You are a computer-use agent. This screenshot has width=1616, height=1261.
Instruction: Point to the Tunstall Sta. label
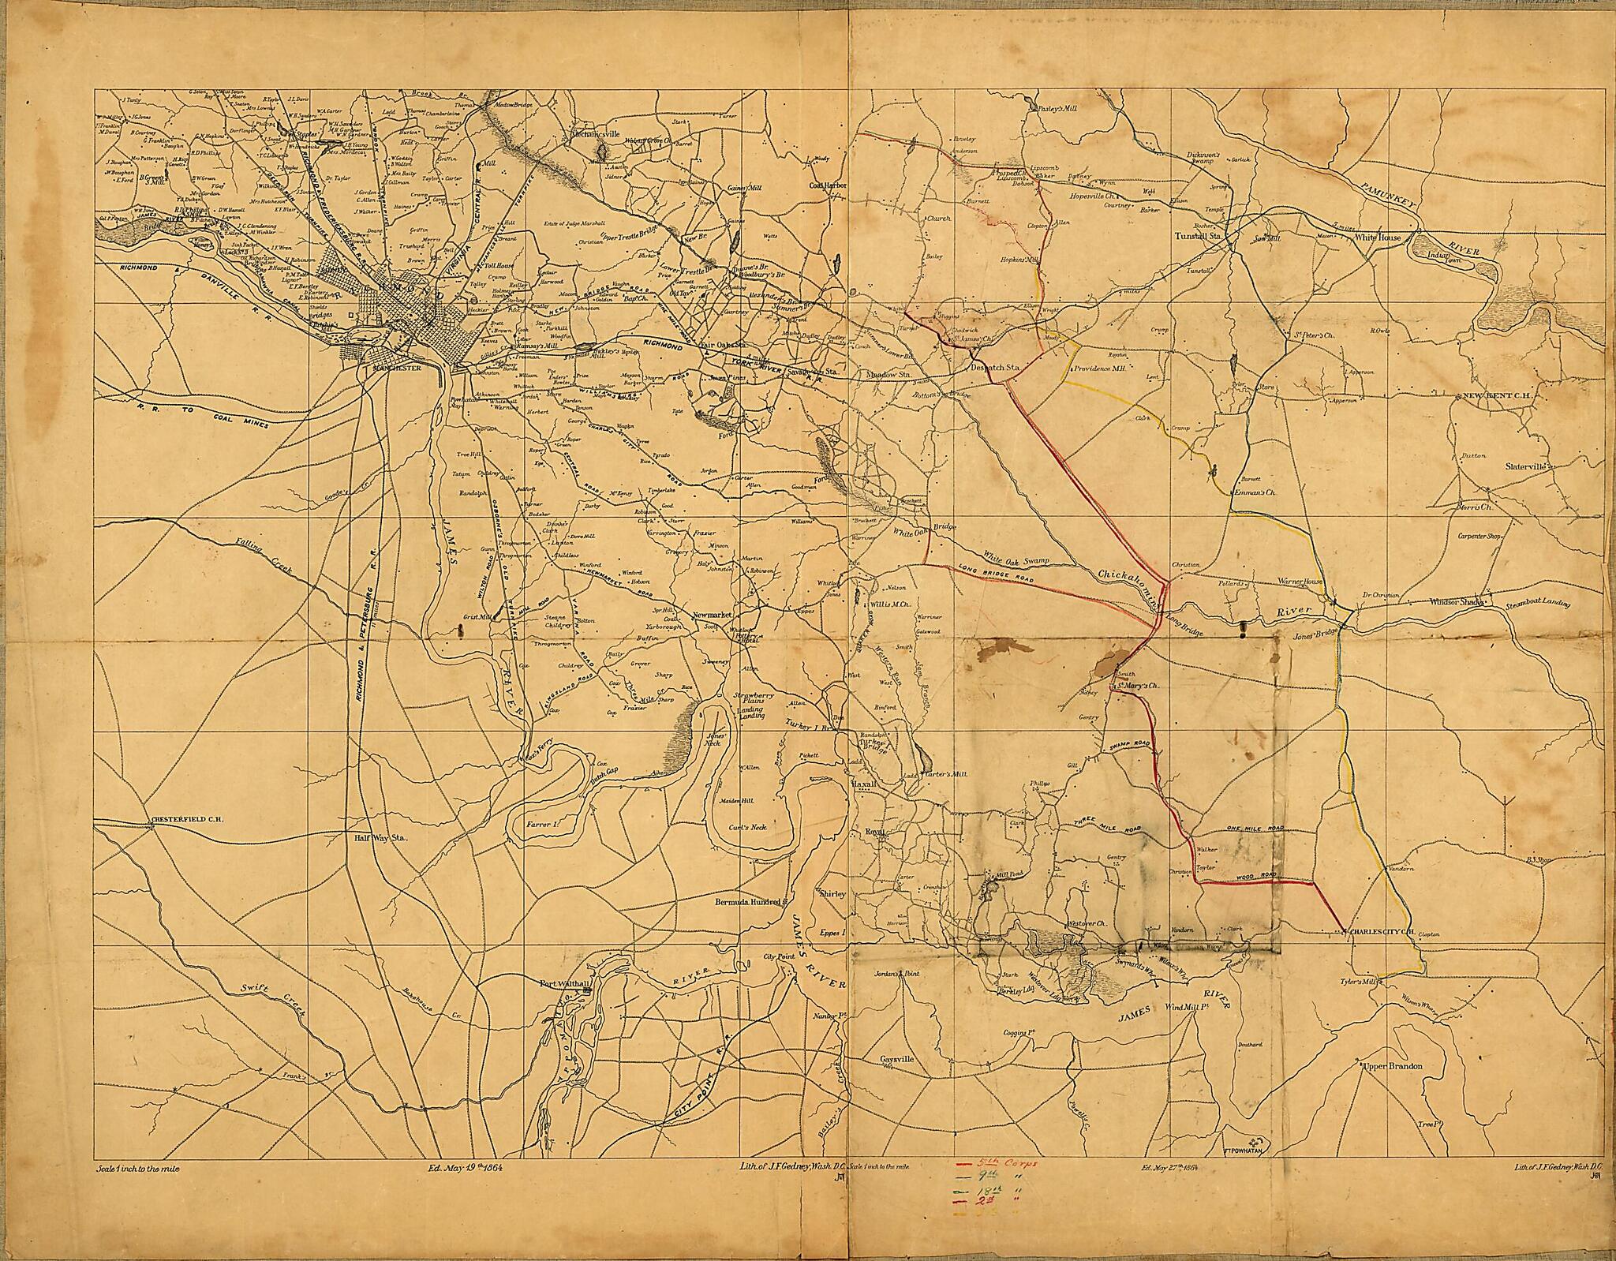pos(1199,236)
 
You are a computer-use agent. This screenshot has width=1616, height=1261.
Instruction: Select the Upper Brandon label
pos(1392,1066)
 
